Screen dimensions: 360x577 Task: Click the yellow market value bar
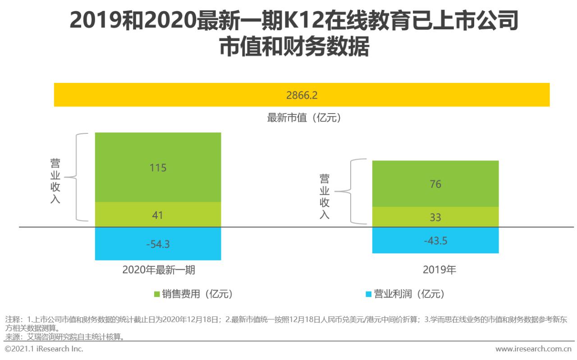pos(180,95)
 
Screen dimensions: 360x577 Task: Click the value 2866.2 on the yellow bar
pos(302,95)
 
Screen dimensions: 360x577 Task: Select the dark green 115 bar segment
pos(158,167)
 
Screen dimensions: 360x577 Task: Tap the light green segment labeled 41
pos(158,215)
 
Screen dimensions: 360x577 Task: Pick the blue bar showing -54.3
pos(158,244)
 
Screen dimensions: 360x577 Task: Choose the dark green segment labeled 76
pos(435,184)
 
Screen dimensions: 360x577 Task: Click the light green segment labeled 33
pos(435,217)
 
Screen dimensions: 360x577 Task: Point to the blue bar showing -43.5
pos(435,241)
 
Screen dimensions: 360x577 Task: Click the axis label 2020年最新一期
pos(158,270)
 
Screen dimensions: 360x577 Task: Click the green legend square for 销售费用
pos(157,294)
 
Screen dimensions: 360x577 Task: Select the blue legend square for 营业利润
pos(368,294)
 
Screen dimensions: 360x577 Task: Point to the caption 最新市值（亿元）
pos(304,118)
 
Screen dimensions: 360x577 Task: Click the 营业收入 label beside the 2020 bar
pos(55,181)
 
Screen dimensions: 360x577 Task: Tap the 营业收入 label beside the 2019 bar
pos(325,196)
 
